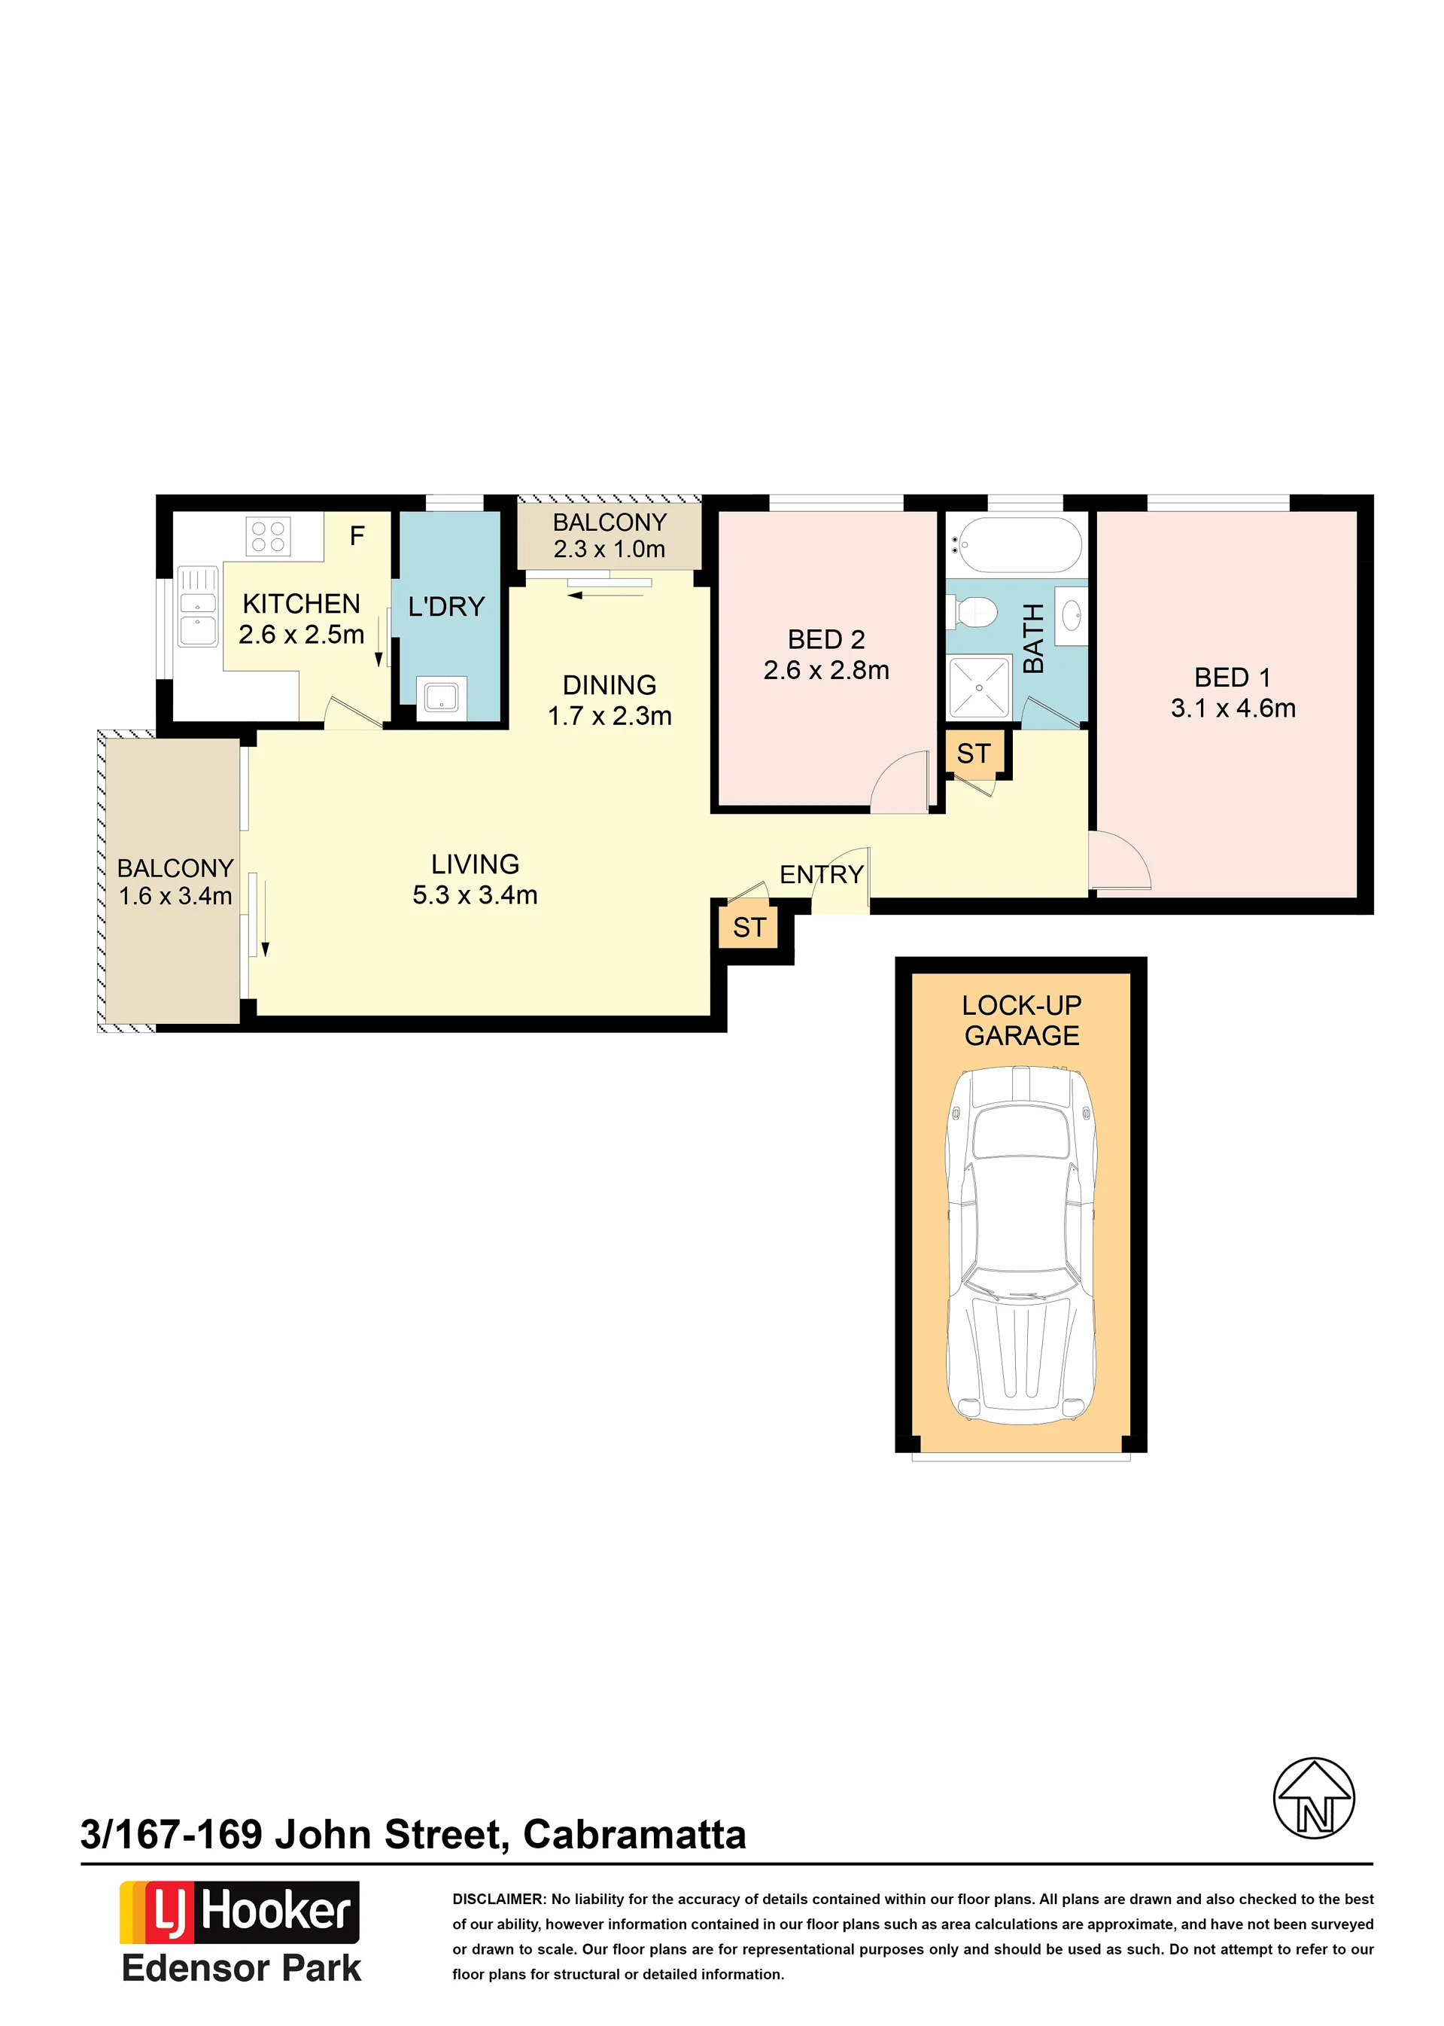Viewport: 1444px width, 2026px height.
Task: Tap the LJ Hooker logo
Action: point(239,1912)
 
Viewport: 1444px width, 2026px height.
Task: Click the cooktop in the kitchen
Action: point(268,536)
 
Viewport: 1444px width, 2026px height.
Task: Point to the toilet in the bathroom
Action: point(973,612)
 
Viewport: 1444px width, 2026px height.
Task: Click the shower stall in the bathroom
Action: point(979,687)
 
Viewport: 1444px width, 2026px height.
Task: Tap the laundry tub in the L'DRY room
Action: point(441,697)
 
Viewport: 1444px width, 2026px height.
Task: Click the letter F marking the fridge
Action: point(357,535)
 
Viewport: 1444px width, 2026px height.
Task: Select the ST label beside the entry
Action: point(749,927)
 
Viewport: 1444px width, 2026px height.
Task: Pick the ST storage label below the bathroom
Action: point(973,754)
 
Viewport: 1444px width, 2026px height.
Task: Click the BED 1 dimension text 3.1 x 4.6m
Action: point(1233,708)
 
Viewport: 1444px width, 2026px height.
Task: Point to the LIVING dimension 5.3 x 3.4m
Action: point(475,894)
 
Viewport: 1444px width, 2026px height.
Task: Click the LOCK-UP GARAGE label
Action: point(1022,1020)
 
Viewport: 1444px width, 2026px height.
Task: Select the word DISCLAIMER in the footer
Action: point(498,1899)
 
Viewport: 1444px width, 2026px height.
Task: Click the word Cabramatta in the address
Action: point(634,1834)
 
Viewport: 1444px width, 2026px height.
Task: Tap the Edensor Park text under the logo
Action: point(241,1968)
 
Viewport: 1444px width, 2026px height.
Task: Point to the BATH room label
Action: point(1032,638)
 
